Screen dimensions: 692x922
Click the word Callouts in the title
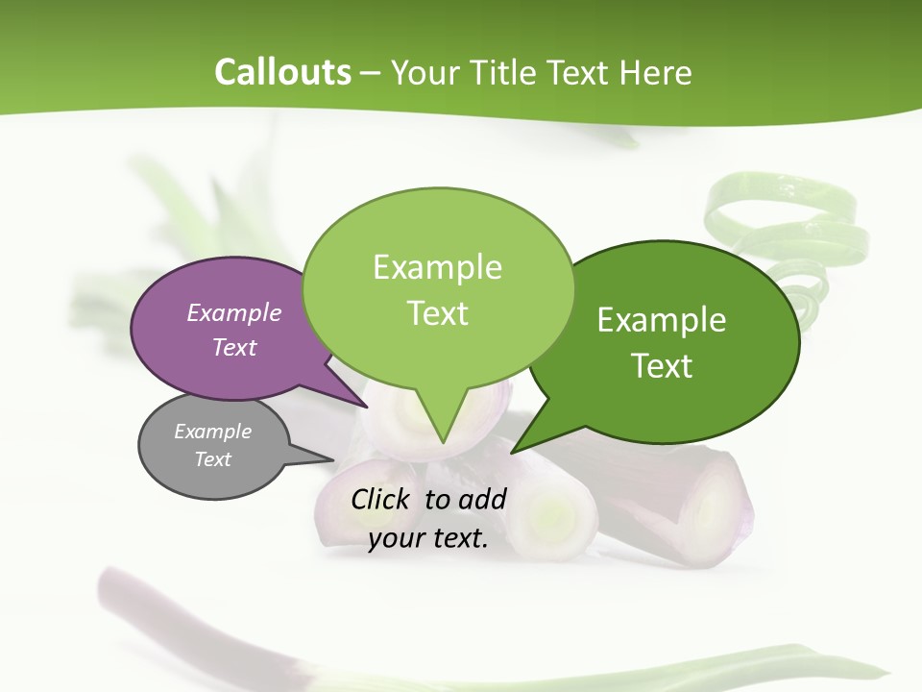click(x=282, y=72)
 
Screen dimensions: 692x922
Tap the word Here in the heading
click(x=656, y=73)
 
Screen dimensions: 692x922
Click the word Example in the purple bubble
click(x=233, y=312)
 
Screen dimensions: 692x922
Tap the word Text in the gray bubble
click(x=212, y=459)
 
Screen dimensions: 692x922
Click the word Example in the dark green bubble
click(x=662, y=320)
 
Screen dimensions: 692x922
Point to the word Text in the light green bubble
click(x=437, y=313)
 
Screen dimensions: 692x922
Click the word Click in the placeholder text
click(x=381, y=499)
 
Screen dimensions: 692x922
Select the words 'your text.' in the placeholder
click(x=428, y=538)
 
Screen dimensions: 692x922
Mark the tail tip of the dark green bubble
click(x=515, y=450)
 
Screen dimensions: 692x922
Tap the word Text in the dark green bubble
click(x=662, y=366)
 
